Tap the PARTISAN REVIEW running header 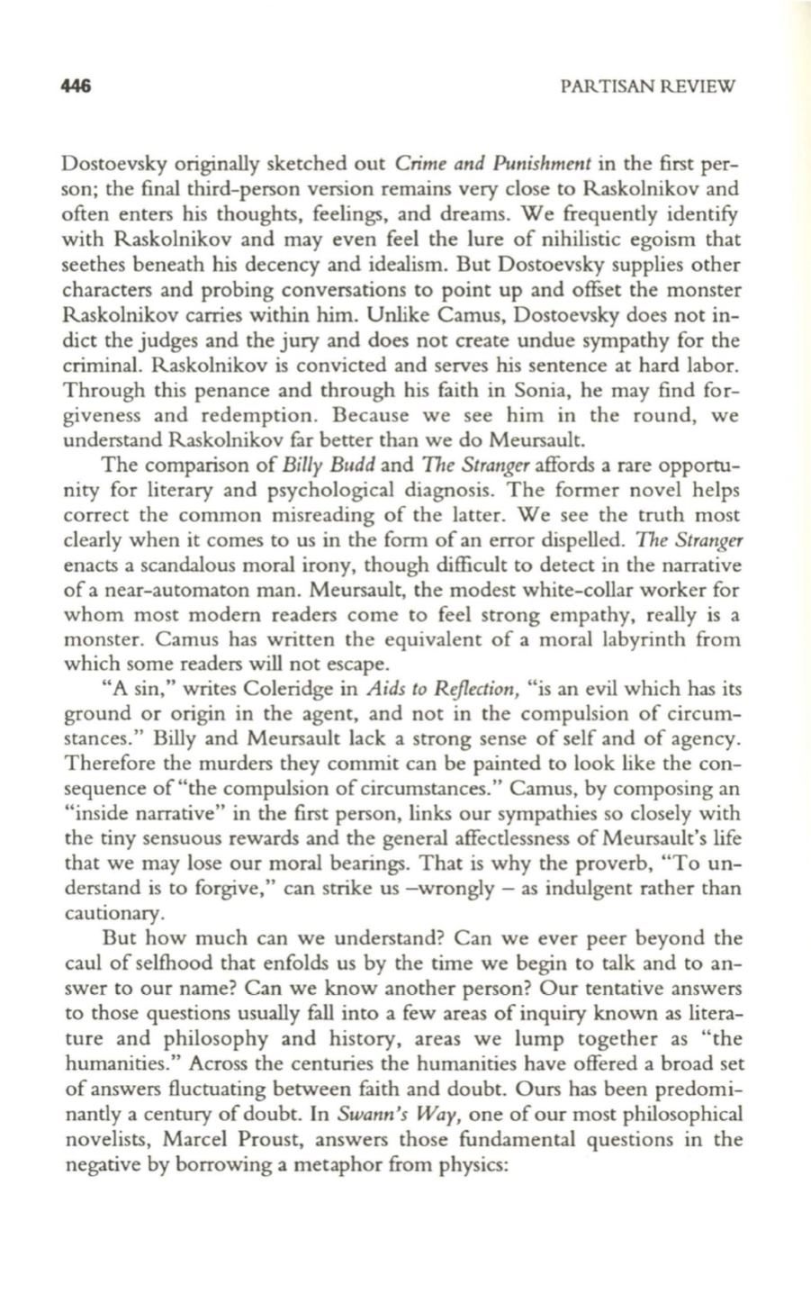click(x=647, y=88)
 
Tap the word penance click(x=238, y=393)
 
